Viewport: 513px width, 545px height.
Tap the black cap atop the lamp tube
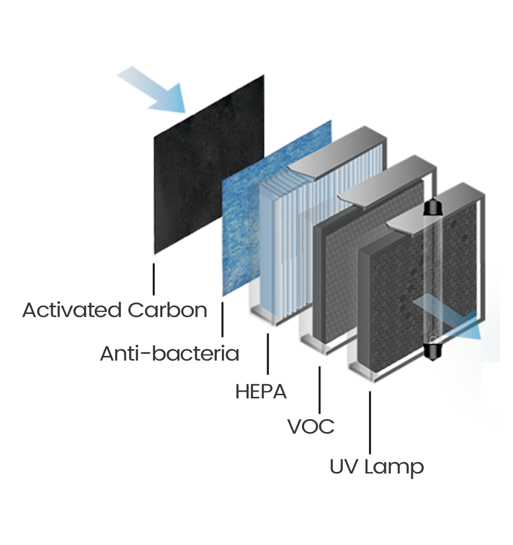(x=433, y=207)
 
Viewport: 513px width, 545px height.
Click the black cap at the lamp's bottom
(x=433, y=352)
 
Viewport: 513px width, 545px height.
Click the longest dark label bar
(x=114, y=309)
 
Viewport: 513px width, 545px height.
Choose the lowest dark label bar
(x=377, y=468)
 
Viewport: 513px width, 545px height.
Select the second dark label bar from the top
(x=169, y=352)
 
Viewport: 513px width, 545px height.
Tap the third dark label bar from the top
(x=261, y=390)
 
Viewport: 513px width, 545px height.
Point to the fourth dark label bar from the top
(x=310, y=426)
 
